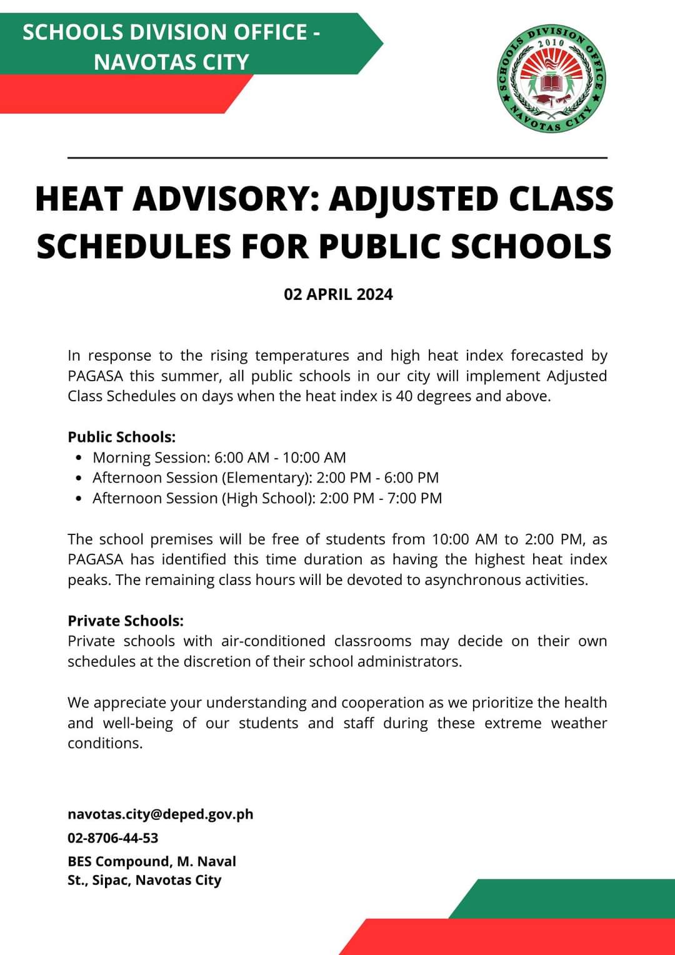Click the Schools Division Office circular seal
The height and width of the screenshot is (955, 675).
click(x=552, y=79)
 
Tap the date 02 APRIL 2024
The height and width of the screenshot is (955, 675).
click(x=338, y=294)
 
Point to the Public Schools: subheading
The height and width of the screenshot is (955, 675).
click(x=122, y=437)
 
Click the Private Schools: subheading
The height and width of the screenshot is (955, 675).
click(x=126, y=621)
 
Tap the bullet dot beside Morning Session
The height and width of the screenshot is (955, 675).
click(x=78, y=457)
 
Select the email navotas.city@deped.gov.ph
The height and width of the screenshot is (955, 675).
click(x=161, y=814)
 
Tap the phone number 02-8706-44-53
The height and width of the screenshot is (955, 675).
click(x=113, y=838)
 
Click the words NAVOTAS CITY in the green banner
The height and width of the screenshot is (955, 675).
click(x=172, y=62)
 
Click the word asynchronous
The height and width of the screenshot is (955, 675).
click(x=471, y=580)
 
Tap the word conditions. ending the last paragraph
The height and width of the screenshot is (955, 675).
click(x=105, y=743)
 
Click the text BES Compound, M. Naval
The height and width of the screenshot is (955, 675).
click(x=152, y=861)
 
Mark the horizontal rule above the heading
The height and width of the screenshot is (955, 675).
click(x=337, y=158)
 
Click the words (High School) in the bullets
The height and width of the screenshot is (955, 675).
click(x=268, y=498)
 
